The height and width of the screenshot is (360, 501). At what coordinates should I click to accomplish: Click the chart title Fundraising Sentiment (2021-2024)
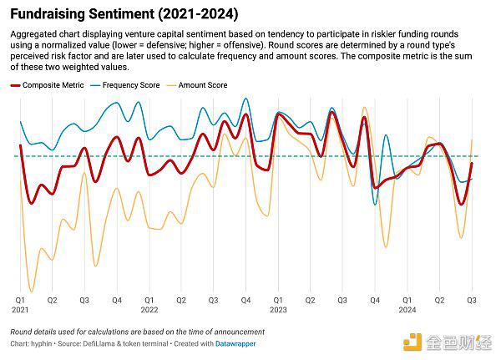pyautogui.click(x=124, y=14)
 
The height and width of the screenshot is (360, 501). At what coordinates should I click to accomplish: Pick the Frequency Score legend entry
pyautogui.click(x=132, y=85)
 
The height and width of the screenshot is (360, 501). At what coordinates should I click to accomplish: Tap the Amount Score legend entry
pyautogui.click(x=203, y=85)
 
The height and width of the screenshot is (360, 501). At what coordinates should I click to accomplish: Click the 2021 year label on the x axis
pyautogui.click(x=20, y=309)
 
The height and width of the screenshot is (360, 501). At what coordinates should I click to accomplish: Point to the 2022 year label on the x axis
pyautogui.click(x=149, y=309)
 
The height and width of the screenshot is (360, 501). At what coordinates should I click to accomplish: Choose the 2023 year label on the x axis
pyautogui.click(x=279, y=309)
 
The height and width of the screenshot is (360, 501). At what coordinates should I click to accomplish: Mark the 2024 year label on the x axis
pyautogui.click(x=407, y=309)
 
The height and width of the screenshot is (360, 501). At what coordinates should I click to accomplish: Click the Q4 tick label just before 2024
pyautogui.click(x=375, y=299)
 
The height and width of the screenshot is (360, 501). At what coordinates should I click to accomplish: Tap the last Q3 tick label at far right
pyautogui.click(x=472, y=299)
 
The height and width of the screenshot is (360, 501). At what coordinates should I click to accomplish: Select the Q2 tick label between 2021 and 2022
pyautogui.click(x=52, y=299)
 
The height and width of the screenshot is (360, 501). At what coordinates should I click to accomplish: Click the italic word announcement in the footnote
pyautogui.click(x=237, y=332)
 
